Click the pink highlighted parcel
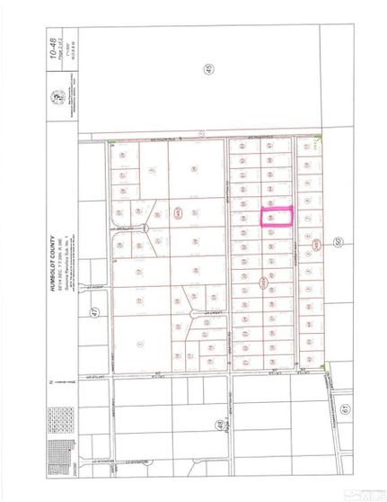(277, 217)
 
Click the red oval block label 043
(177, 213)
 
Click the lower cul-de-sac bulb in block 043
(196, 314)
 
